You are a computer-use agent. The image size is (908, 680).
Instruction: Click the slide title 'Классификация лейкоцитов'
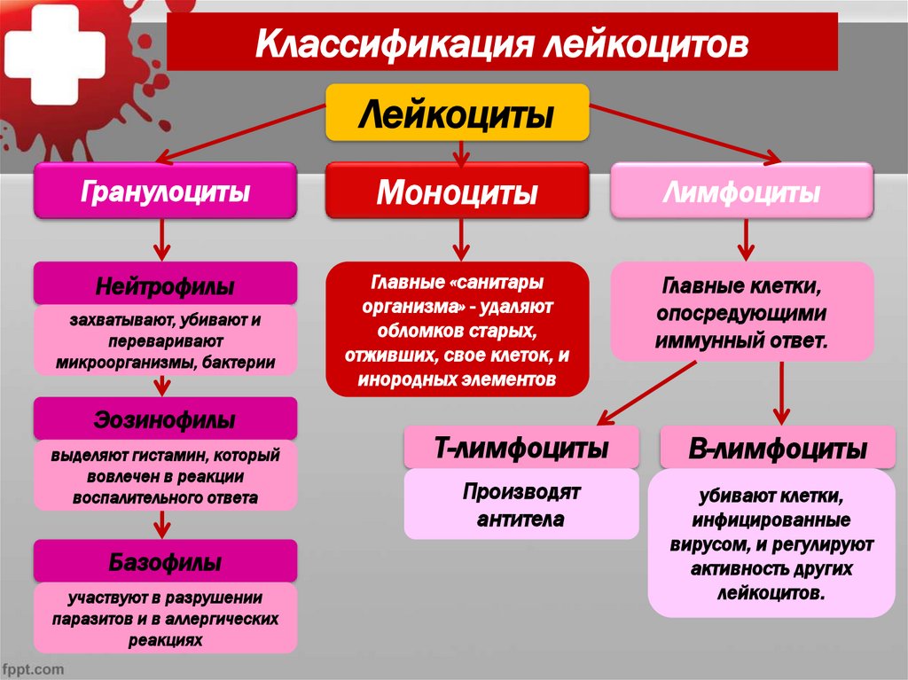click(502, 43)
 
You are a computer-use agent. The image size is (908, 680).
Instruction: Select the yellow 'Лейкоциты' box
click(457, 113)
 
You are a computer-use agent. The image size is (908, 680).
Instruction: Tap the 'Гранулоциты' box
click(165, 191)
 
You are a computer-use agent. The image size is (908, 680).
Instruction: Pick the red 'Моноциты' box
click(457, 191)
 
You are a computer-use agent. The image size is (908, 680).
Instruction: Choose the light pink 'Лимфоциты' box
click(742, 191)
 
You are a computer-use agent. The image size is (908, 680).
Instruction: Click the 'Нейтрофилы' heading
click(165, 286)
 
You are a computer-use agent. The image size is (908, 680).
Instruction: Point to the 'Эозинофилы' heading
click(165, 418)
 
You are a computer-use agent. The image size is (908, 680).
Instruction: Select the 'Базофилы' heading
click(165, 562)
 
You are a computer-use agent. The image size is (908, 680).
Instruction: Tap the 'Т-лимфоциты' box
click(521, 449)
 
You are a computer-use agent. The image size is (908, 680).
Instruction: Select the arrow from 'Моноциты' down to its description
click(459, 239)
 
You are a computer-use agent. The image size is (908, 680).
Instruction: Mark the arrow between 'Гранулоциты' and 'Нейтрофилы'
click(163, 239)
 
